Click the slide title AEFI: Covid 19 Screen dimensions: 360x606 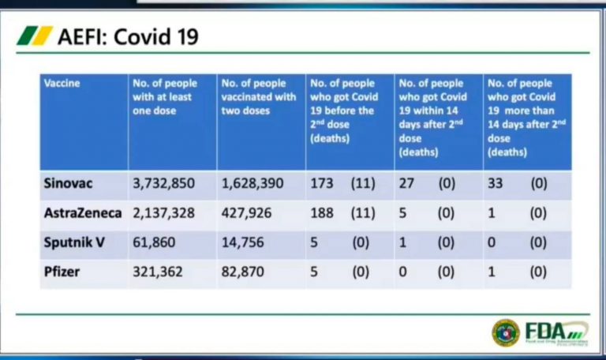(127, 36)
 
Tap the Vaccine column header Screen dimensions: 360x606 (62, 83)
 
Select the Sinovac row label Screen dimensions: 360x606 (69, 184)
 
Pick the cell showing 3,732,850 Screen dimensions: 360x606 (164, 184)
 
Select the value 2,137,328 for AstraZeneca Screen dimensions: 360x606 (164, 213)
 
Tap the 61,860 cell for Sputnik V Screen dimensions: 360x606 (154, 242)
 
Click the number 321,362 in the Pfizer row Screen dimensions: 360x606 (158, 271)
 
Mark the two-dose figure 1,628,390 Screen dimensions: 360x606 (253, 184)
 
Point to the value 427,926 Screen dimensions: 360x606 (247, 213)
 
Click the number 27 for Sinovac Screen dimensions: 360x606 (407, 184)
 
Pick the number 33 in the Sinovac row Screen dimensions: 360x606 (496, 184)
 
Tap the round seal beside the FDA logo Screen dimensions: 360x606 (506, 332)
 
